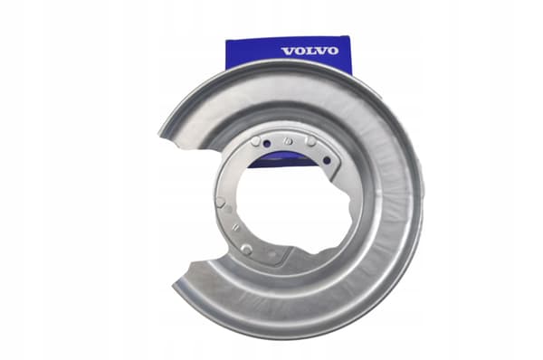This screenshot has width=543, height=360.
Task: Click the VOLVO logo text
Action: pyautogui.click(x=310, y=52)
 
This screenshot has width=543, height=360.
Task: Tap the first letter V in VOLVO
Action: pyautogui.click(x=288, y=52)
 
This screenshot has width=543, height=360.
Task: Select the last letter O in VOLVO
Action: pyautogui.click(x=333, y=51)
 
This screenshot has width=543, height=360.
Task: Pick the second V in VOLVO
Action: pyautogui.click(x=319, y=52)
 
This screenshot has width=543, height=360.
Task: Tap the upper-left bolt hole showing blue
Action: pyautogui.click(x=266, y=143)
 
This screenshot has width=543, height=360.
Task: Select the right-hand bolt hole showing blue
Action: pyautogui.click(x=327, y=160)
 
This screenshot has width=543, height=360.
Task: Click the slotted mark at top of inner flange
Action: pyautogui.click(x=287, y=141)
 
